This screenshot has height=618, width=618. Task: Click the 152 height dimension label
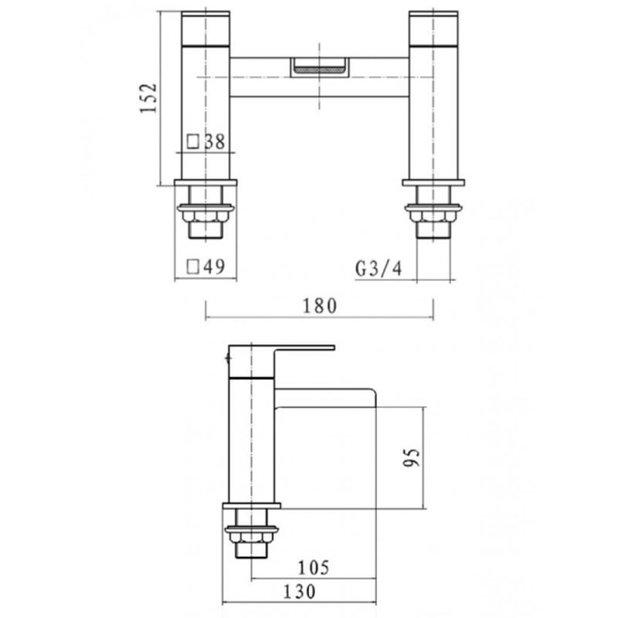click(x=149, y=98)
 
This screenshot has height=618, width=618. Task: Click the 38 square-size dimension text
click(x=215, y=141)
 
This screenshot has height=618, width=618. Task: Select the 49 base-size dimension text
click(x=215, y=267)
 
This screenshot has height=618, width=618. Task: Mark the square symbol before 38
click(x=193, y=141)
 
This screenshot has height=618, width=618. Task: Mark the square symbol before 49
click(x=193, y=267)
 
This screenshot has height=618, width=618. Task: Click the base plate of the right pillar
click(x=433, y=183)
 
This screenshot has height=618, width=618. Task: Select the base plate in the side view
click(x=251, y=507)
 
